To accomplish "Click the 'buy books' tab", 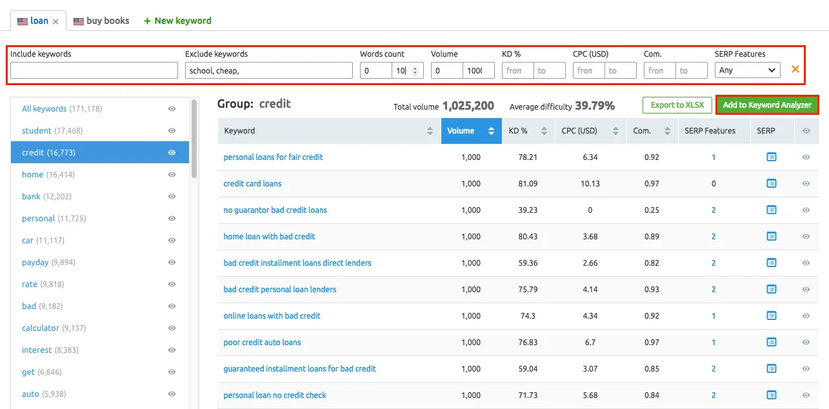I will click(101, 21).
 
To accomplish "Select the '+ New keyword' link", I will click(177, 21).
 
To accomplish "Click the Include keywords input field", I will click(94, 70).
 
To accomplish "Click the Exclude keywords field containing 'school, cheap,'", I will click(268, 70).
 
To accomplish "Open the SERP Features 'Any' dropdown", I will click(747, 70).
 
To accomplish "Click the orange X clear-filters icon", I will click(795, 69).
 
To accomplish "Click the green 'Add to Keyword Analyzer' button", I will click(766, 105).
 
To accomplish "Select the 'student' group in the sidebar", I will click(37, 131).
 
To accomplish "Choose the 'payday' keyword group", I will click(35, 263).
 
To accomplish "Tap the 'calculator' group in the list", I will click(41, 328).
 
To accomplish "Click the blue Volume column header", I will click(471, 131).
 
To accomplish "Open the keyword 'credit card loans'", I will click(252, 184).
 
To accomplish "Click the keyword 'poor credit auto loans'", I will click(262, 343).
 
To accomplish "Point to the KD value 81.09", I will click(528, 184).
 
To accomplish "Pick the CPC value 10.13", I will click(590, 184).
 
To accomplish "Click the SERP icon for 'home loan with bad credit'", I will click(771, 237).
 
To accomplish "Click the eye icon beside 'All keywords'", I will click(172, 109).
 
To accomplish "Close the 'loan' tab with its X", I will click(56, 21).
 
